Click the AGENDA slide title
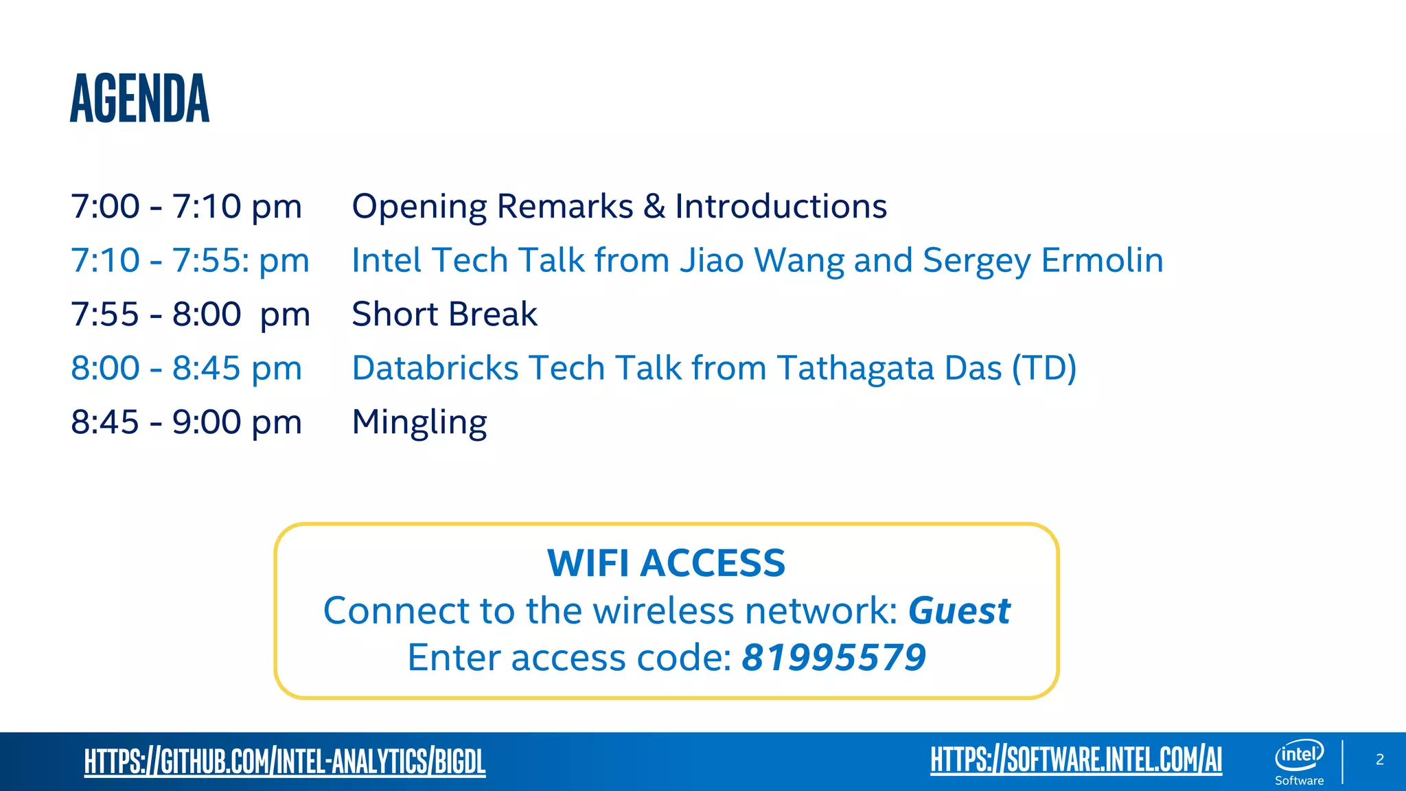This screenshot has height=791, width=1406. click(x=139, y=99)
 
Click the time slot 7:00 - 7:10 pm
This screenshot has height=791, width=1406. click(x=186, y=207)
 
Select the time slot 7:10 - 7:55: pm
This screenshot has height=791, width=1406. click(x=190, y=261)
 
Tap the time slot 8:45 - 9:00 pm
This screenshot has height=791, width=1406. click(x=186, y=422)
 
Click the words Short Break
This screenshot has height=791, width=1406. click(x=444, y=314)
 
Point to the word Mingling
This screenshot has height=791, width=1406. click(x=419, y=422)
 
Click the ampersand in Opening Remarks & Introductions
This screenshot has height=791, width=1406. click(x=654, y=207)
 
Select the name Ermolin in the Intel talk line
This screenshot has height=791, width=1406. click(x=1102, y=261)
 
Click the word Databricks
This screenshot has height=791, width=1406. click(x=435, y=368)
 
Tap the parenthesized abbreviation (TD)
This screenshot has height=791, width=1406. click(x=1044, y=368)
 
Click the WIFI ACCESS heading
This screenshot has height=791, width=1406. click(x=666, y=563)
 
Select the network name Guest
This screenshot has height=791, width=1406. click(x=959, y=610)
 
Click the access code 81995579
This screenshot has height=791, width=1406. click(x=833, y=658)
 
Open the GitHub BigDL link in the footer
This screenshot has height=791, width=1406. click(x=284, y=761)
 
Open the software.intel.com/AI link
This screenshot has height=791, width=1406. click(x=1076, y=760)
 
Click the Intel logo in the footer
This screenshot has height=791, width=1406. click(x=1299, y=755)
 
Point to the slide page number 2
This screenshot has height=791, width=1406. click(x=1380, y=759)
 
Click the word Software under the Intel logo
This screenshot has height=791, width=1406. click(x=1299, y=781)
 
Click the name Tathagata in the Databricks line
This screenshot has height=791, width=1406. click(x=855, y=368)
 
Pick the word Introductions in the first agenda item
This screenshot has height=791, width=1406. click(x=781, y=207)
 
